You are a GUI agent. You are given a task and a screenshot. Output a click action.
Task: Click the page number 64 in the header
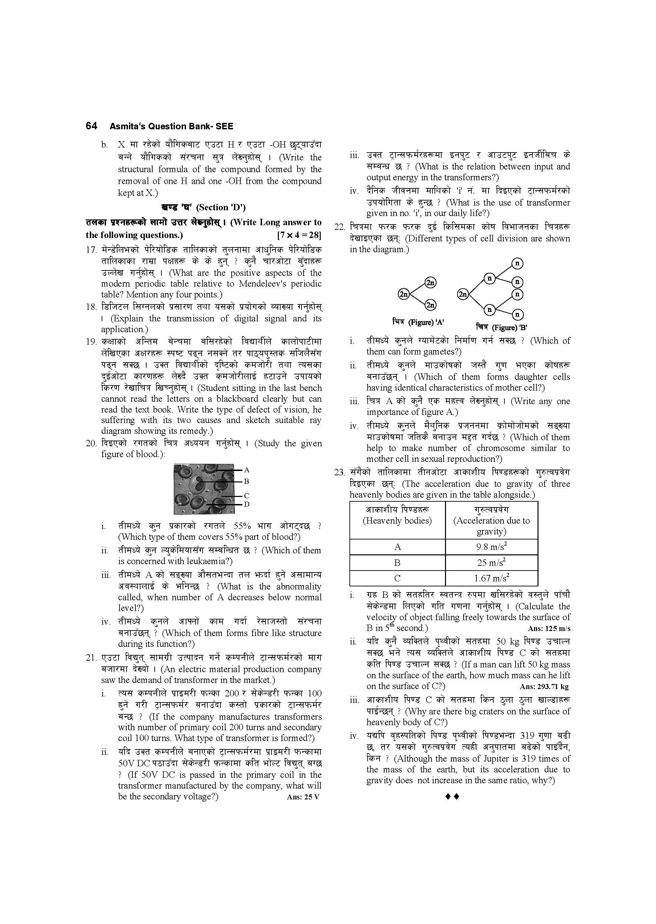(x=91, y=126)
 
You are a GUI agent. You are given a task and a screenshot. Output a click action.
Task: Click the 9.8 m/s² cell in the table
(x=491, y=547)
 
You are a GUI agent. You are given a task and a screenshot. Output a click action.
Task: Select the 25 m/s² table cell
(x=491, y=562)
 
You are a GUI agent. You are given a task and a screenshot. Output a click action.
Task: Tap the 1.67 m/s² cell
(x=491, y=578)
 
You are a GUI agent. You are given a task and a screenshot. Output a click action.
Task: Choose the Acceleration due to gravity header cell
(x=491, y=521)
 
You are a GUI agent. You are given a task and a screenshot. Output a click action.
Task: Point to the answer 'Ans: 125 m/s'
(x=549, y=629)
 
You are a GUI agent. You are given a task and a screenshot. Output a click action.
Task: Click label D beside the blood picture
(x=247, y=504)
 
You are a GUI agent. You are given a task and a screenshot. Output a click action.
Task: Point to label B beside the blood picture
(x=246, y=481)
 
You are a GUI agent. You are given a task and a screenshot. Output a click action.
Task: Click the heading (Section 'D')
(x=220, y=208)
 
